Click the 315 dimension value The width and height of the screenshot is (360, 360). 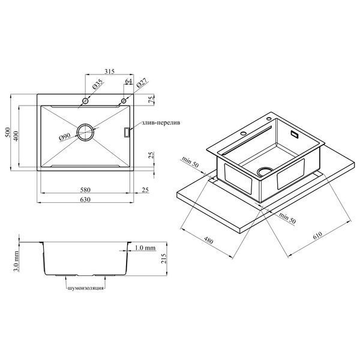[110, 71]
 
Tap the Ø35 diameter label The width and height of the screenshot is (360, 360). [98, 84]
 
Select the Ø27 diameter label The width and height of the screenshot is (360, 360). [142, 83]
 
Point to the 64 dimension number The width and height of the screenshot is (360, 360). [129, 81]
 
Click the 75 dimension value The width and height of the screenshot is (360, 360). [151, 100]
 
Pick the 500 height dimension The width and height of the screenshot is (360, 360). [8, 132]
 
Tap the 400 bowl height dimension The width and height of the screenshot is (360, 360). [16, 136]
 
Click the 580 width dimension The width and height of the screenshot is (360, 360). [85, 190]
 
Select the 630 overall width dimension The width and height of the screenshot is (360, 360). [85, 200]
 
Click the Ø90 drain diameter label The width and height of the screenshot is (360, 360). [65, 137]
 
